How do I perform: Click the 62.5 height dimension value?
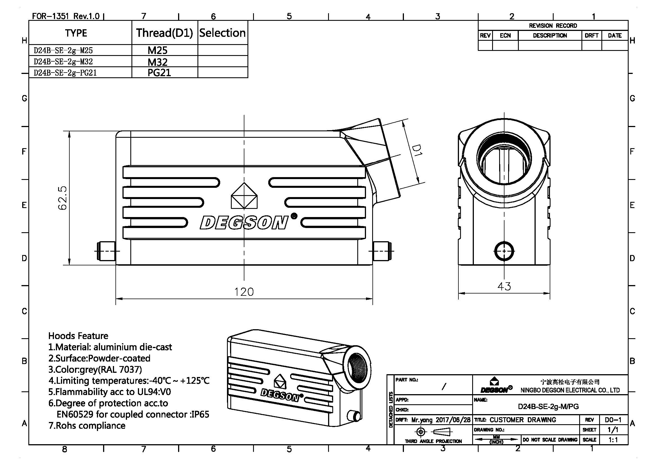[62, 198]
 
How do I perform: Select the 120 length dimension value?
[244, 292]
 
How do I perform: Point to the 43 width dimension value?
[504, 286]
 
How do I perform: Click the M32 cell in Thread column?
[157, 62]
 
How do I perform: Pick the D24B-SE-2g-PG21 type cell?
[65, 73]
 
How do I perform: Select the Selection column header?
[222, 33]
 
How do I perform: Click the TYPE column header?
[76, 33]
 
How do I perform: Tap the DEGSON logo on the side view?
[244, 222]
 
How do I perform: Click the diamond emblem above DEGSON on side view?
[244, 196]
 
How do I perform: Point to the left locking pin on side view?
[106, 251]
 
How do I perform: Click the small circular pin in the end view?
[504, 251]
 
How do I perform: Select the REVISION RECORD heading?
[553, 26]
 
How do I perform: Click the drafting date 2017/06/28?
[453, 420]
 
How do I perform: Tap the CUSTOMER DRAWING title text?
[523, 420]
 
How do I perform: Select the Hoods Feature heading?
[78, 336]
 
